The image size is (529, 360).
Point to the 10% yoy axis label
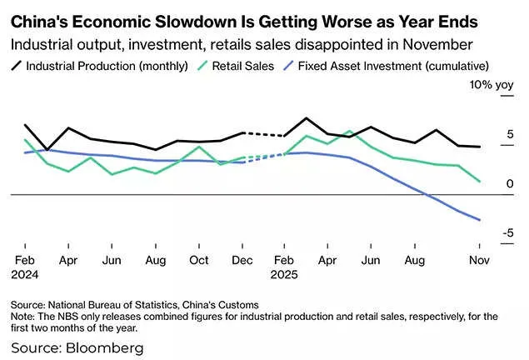pyautogui.click(x=492, y=85)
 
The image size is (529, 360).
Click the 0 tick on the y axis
pyautogui.click(x=510, y=183)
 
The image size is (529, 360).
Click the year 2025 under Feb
pyautogui.click(x=286, y=272)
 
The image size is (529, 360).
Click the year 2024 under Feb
pyautogui.click(x=25, y=272)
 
